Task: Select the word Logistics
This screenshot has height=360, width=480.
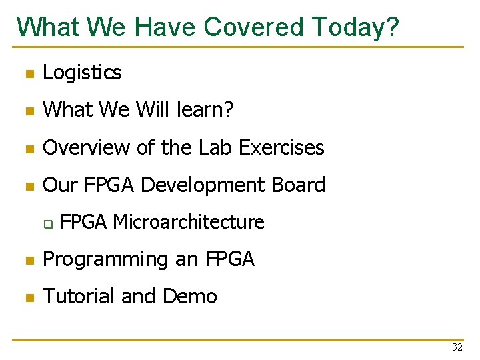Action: point(82,73)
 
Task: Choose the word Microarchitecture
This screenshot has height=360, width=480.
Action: point(189,222)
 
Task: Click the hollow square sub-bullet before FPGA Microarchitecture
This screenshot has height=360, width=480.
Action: point(48,223)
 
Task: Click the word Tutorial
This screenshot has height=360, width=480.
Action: point(79,296)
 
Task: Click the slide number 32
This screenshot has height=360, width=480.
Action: point(457,347)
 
